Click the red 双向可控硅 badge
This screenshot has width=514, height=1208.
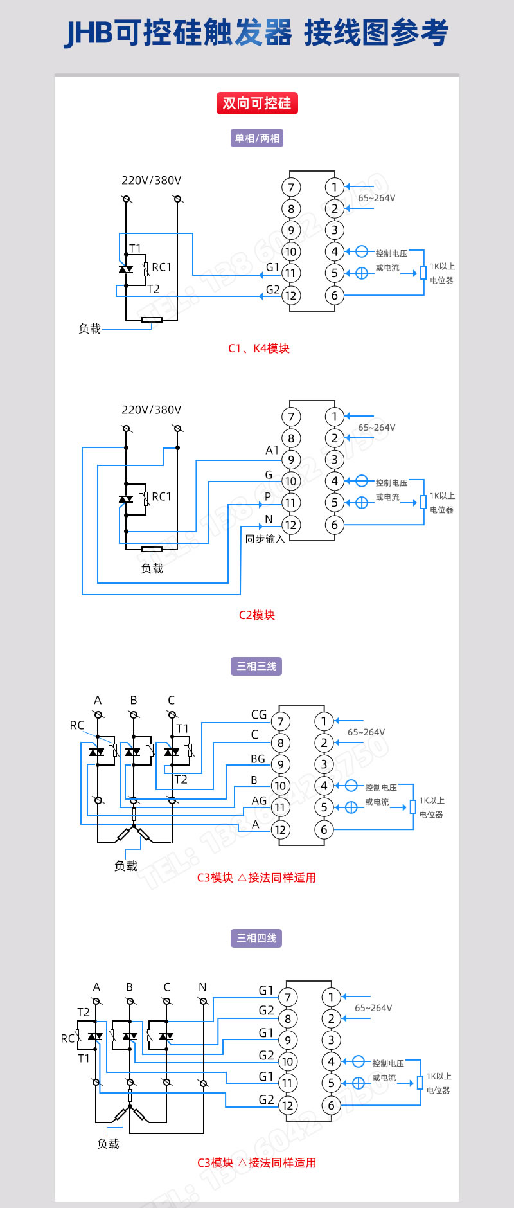(x=256, y=103)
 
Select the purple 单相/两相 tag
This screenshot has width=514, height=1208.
(x=257, y=138)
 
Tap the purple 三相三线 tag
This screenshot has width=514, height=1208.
(x=256, y=666)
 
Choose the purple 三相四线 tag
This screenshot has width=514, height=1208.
(x=256, y=938)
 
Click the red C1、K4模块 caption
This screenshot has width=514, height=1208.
(x=259, y=348)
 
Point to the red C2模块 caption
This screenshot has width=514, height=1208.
(x=257, y=615)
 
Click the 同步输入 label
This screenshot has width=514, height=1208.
(x=265, y=539)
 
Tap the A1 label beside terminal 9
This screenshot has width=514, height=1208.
(x=272, y=451)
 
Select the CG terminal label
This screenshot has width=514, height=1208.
(x=259, y=715)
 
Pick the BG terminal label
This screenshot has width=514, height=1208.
(x=258, y=759)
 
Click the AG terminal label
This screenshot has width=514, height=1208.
(x=259, y=801)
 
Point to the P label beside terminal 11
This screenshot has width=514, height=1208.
(x=268, y=497)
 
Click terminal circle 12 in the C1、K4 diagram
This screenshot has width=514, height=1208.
(x=291, y=296)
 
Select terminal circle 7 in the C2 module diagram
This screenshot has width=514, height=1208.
(x=291, y=417)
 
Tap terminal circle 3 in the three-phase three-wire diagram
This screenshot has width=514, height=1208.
(x=324, y=764)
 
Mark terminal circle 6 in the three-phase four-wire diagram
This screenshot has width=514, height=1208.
(x=331, y=1105)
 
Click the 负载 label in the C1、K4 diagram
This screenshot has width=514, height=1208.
(x=89, y=329)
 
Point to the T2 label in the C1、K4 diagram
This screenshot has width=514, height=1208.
(x=154, y=289)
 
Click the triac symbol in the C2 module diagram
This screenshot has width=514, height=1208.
(x=126, y=499)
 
